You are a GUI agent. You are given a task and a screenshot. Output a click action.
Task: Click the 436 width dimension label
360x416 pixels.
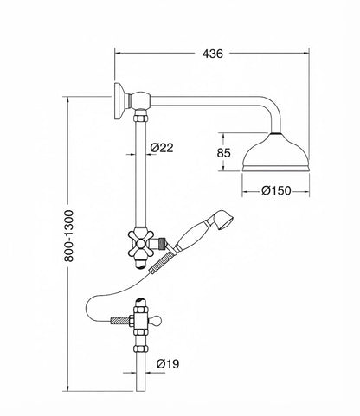[212, 54]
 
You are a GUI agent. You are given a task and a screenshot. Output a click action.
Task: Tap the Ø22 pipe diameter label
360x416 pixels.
[162, 148]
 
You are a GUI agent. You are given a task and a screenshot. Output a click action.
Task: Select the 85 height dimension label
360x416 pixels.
[224, 153]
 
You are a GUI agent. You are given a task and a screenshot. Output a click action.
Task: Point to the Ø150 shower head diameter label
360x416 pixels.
[276, 190]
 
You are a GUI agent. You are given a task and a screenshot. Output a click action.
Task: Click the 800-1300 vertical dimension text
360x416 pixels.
[69, 236]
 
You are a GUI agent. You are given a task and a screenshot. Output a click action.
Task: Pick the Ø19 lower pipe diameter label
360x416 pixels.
[168, 364]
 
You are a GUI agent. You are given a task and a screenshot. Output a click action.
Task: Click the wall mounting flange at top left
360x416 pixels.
[119, 101]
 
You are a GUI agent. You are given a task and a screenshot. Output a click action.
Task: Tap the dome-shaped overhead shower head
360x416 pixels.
[275, 153]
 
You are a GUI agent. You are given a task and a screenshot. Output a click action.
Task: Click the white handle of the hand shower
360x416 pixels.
[191, 236]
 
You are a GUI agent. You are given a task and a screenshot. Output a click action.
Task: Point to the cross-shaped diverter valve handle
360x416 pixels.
[140, 245]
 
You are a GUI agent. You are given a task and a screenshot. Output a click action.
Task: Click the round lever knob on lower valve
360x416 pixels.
[157, 320]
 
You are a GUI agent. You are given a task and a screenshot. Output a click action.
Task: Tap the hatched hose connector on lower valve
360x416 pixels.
[120, 321]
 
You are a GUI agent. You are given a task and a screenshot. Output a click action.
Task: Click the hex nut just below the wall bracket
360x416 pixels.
[141, 118]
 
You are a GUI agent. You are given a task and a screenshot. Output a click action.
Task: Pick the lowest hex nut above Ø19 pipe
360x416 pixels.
[141, 349]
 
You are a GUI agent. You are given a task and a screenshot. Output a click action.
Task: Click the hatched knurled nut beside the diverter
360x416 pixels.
[164, 244]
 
